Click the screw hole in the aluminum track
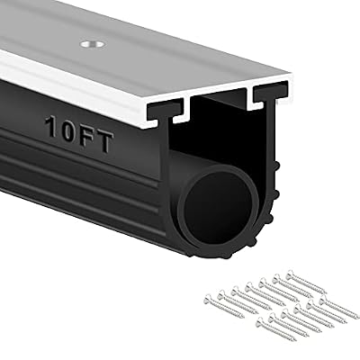[93, 44]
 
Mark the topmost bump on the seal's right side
[277, 166]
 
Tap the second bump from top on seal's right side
[276, 192]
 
